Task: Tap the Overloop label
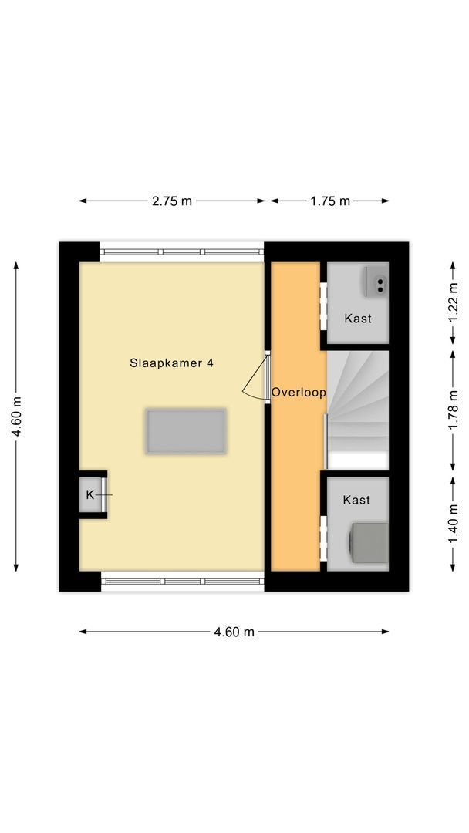pos(299,393)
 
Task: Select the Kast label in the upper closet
pos(357,318)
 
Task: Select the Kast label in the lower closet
pos(356,500)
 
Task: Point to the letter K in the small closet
pos(89,494)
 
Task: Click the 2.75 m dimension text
pos(171,201)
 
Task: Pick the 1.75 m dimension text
pos(330,201)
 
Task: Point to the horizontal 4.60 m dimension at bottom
pos(234,632)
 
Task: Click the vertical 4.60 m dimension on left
pos(15,416)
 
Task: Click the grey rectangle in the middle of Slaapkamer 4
pos(186,431)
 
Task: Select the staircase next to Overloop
pos(357,409)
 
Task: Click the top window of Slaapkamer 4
pos(182,252)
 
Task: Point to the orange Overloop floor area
pos(295,478)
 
